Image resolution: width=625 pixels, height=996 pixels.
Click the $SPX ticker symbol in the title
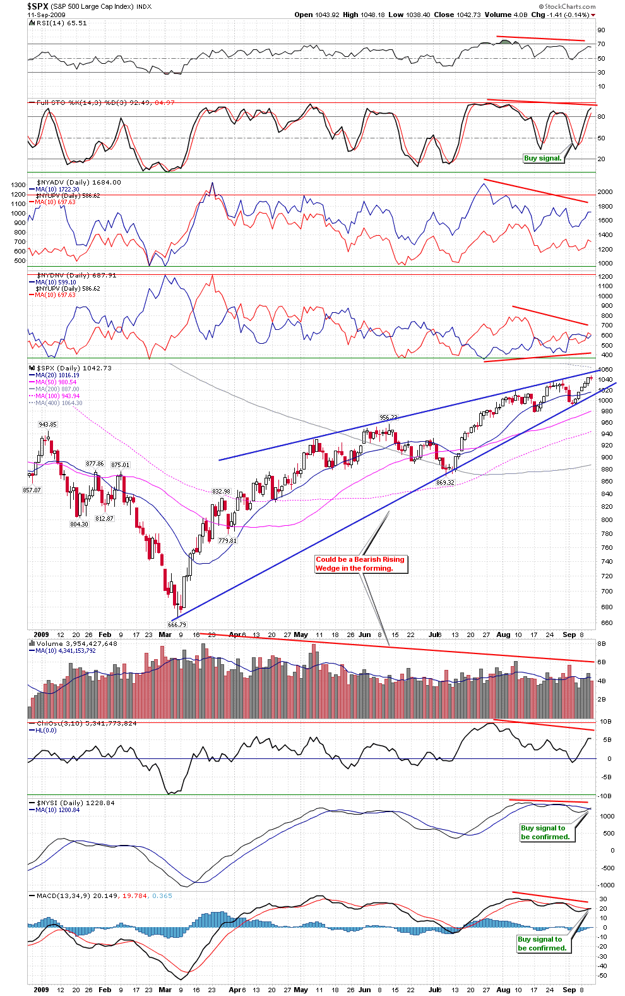pos(37,6)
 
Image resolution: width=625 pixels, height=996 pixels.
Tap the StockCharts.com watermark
pos(570,6)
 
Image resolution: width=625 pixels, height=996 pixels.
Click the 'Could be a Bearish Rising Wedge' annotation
pos(360,564)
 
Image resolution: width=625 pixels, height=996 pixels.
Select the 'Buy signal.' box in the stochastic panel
pos(542,158)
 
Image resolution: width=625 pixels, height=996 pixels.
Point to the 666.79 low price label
pos(177,624)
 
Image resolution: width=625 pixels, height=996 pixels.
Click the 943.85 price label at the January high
pos(47,425)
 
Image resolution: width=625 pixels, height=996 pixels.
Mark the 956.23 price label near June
pos(388,418)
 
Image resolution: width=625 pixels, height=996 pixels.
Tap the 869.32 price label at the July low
pos(445,483)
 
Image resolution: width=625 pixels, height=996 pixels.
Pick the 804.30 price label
pos(79,524)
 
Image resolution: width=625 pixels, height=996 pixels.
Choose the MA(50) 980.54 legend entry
pos(56,382)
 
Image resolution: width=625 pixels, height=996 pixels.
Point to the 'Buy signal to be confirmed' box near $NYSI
pos(545,832)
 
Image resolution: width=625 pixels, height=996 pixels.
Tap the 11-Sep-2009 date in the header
pos(46,15)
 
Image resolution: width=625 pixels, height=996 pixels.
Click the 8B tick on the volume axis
pos(602,643)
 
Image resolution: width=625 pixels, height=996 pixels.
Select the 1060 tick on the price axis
pos(605,370)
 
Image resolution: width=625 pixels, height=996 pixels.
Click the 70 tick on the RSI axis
pos(601,44)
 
